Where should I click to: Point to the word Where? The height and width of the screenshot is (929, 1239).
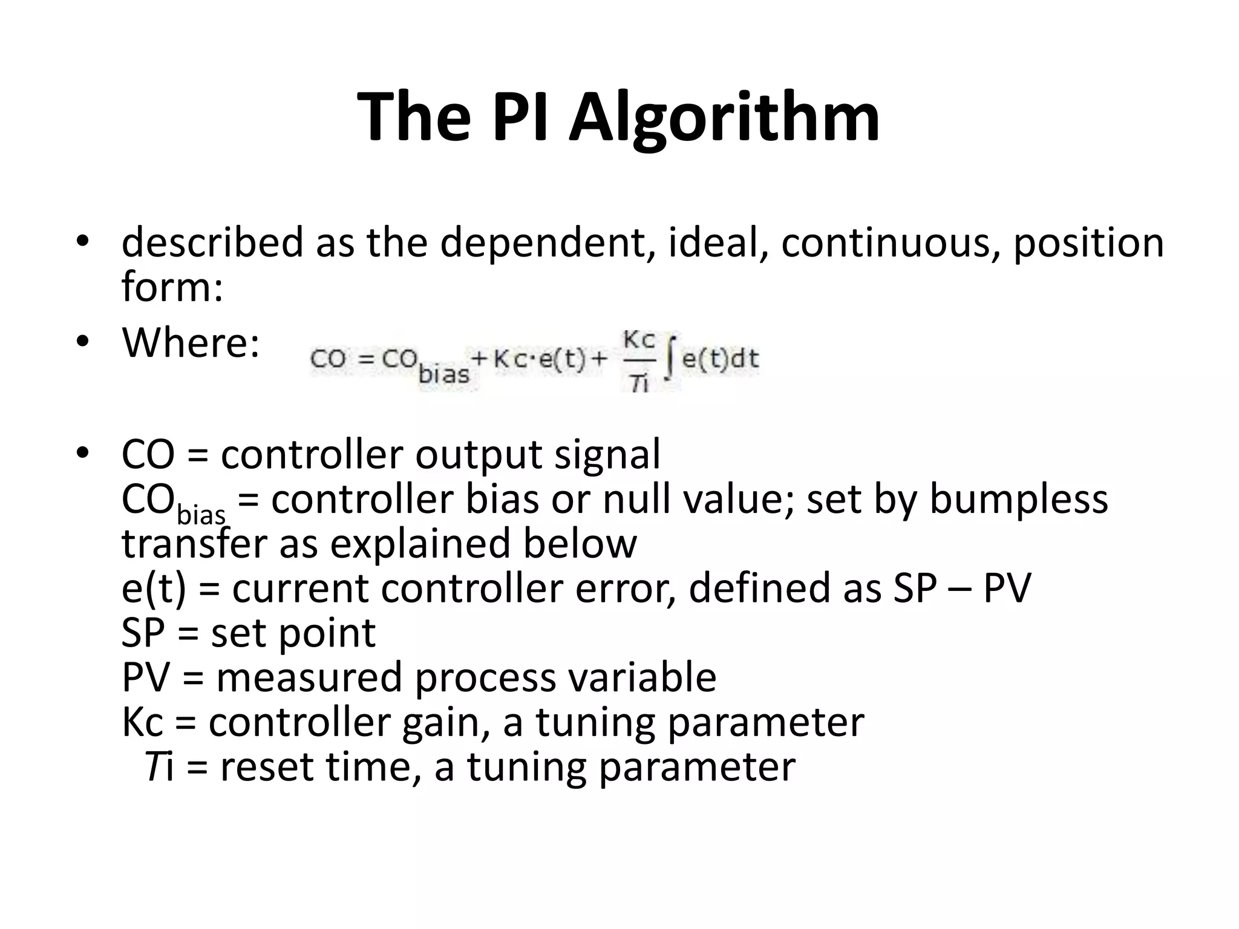(x=191, y=342)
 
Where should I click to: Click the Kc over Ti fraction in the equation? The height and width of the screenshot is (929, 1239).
(x=639, y=360)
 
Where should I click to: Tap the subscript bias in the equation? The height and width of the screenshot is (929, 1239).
(x=444, y=374)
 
